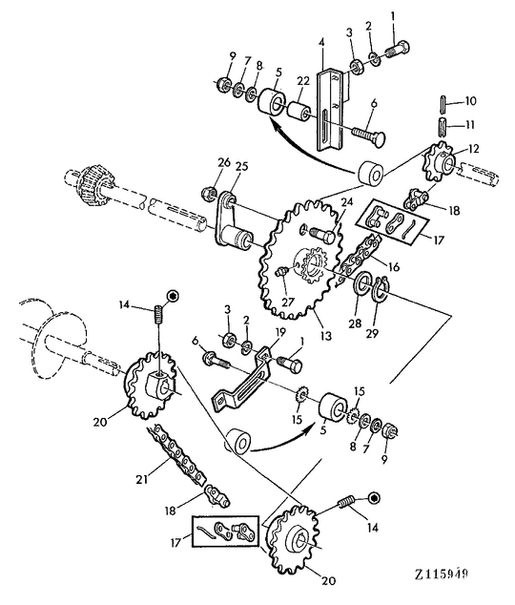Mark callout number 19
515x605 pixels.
[280, 332]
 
